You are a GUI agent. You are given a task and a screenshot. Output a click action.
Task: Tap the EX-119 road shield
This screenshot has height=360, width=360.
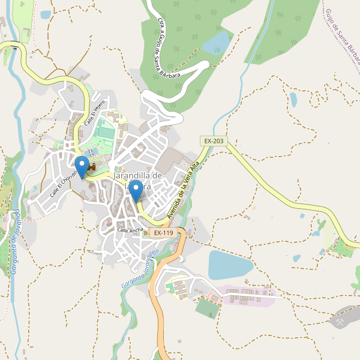163,232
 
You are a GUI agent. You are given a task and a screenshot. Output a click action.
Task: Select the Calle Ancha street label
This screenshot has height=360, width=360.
130,230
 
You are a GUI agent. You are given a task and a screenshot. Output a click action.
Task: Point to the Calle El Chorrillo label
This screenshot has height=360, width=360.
64,182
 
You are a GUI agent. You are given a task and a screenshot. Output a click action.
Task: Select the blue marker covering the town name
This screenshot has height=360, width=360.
136,191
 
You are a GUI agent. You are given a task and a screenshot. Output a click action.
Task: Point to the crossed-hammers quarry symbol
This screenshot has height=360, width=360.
340,322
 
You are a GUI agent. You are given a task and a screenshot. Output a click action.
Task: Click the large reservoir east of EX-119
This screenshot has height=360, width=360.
230,265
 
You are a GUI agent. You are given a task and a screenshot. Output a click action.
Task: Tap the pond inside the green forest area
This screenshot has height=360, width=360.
217,43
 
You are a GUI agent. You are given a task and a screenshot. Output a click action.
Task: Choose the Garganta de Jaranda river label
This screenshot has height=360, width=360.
14,242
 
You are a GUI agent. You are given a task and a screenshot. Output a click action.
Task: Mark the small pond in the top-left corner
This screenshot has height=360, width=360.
46,14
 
